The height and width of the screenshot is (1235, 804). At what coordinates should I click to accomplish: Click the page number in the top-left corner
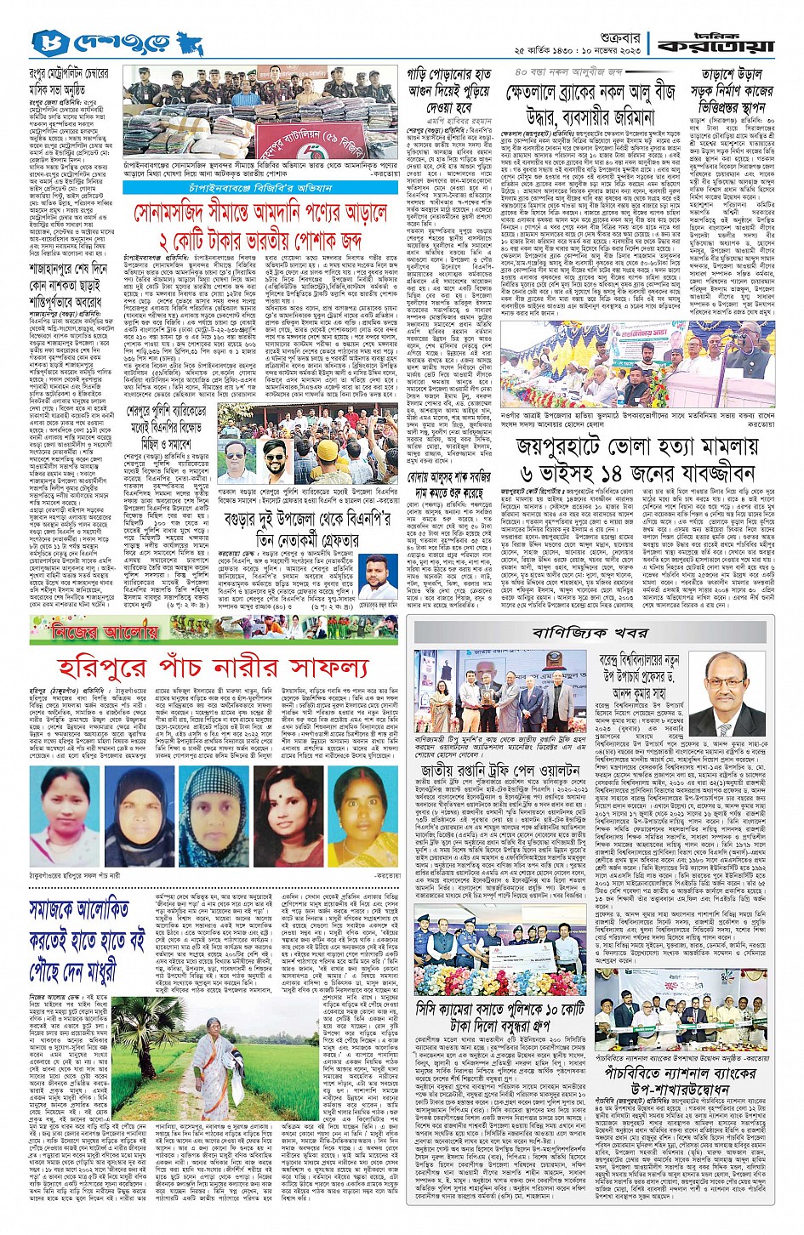[x=43, y=40]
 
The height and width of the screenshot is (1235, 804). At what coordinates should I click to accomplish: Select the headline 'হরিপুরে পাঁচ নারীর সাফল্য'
[x=213, y=667]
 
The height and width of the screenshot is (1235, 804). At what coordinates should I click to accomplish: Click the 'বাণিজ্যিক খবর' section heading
[x=590, y=633]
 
